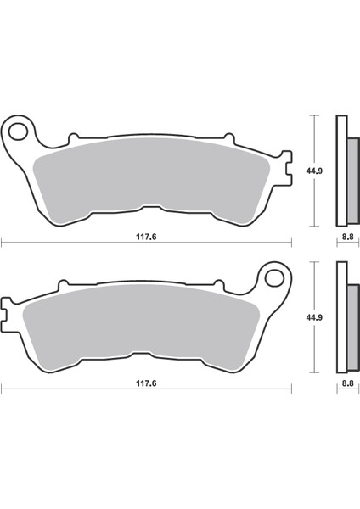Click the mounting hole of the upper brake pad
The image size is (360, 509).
click(19, 131)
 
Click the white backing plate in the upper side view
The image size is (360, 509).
click(341, 170)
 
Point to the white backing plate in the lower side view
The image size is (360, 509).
click(341, 317)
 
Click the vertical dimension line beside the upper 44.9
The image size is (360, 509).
click(315, 170)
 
